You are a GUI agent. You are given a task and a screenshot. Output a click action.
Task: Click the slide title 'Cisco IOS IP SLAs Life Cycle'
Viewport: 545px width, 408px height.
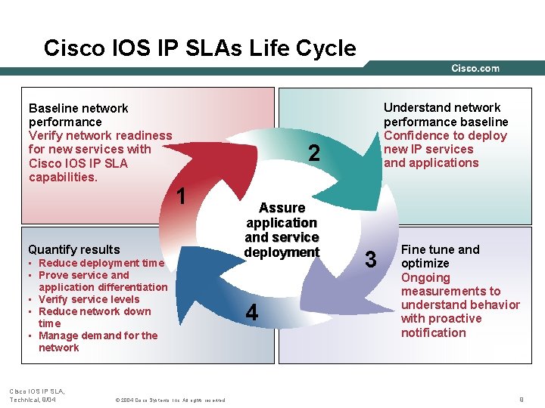[x=200, y=48]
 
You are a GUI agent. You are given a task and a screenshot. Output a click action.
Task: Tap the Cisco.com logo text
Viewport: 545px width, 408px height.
[x=475, y=68]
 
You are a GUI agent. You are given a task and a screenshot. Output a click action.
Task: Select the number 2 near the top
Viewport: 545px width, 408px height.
[x=314, y=154]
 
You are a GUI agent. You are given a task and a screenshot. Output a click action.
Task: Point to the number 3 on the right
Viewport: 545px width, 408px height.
[x=370, y=260]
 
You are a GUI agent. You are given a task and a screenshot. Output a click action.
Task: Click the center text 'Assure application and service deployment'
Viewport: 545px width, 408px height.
[x=282, y=230]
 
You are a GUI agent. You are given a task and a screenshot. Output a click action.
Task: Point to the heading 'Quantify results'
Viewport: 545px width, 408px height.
[x=73, y=249]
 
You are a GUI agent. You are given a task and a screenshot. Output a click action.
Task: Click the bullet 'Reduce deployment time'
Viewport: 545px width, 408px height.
[x=101, y=263]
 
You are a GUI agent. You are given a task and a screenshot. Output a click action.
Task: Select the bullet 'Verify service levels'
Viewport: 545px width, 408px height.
[x=89, y=299]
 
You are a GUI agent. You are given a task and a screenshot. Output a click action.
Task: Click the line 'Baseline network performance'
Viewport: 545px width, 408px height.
[x=78, y=115]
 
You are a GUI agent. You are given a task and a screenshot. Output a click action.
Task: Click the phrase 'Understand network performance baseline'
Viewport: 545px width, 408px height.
[x=445, y=114]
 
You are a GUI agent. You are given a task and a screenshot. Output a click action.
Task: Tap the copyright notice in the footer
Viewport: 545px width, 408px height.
[x=169, y=399]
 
